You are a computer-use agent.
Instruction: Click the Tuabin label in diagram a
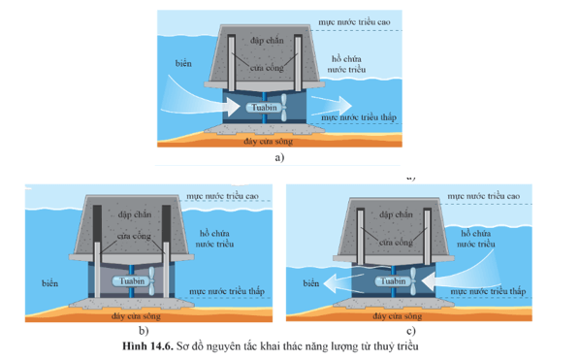point(264,108)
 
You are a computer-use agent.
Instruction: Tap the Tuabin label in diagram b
point(132,281)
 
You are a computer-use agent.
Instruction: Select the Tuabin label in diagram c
point(393,281)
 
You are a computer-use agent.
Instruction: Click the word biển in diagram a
point(183,63)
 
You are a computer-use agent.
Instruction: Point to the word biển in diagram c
point(311,283)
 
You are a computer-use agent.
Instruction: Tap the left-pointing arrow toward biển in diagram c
point(344,283)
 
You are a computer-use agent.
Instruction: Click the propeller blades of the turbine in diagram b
point(151,280)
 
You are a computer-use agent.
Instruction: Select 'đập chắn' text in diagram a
point(267,41)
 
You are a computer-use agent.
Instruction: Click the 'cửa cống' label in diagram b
point(134,236)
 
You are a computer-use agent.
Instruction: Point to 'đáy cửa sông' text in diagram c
point(398,316)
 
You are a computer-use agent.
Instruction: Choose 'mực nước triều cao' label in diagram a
point(354,22)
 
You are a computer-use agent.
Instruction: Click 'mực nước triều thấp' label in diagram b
point(227,291)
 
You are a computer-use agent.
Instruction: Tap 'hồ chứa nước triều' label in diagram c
point(476,239)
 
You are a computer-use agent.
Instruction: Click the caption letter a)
point(279,157)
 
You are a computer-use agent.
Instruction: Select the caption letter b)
point(144,330)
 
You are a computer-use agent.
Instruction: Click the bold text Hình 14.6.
point(148,346)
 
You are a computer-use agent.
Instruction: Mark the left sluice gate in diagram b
point(97,270)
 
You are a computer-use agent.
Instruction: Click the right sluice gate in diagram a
point(298,63)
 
